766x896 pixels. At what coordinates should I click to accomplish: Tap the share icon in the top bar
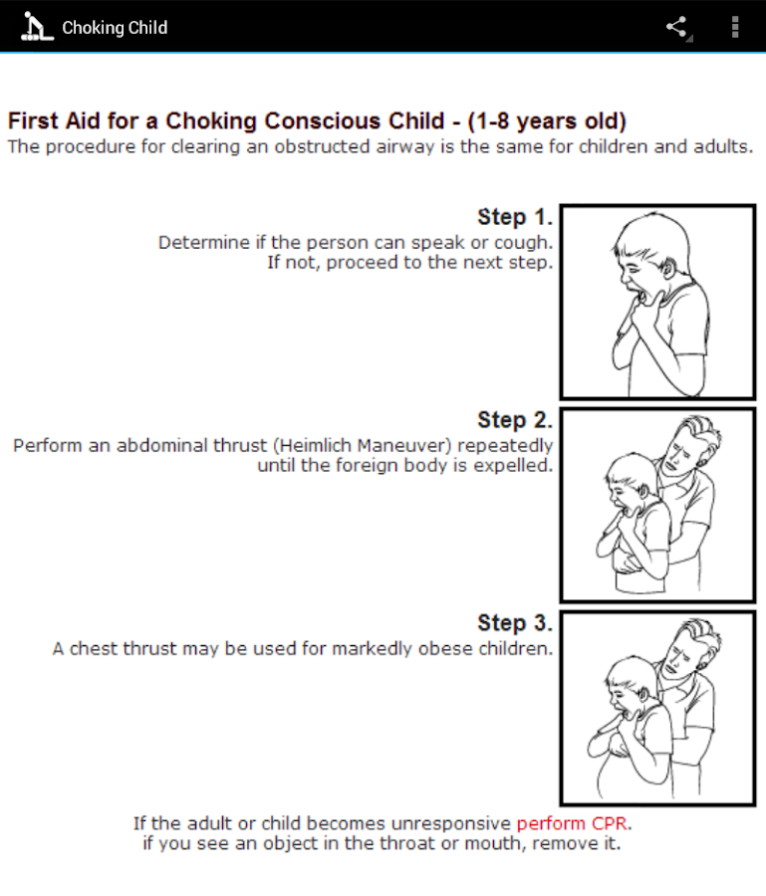pyautogui.click(x=677, y=27)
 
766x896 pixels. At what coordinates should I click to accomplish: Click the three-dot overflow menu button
pyautogui.click(x=735, y=27)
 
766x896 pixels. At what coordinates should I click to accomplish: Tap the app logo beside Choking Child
pyautogui.click(x=36, y=27)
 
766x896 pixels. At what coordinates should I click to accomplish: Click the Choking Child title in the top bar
pyautogui.click(x=115, y=28)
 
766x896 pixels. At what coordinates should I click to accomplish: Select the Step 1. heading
pyautogui.click(x=514, y=218)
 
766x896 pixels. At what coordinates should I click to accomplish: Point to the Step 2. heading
pyautogui.click(x=514, y=421)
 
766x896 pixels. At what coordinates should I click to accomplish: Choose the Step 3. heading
pyautogui.click(x=514, y=624)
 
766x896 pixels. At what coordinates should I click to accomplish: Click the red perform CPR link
pyautogui.click(x=573, y=824)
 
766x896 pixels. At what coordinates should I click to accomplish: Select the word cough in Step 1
pyautogui.click(x=525, y=243)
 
